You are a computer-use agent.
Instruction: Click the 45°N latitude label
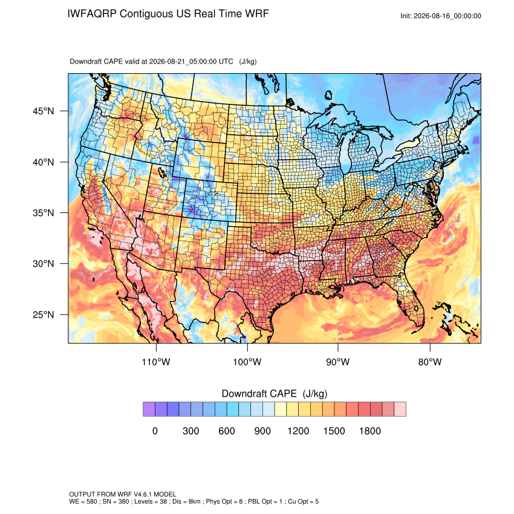pyautogui.click(x=44, y=111)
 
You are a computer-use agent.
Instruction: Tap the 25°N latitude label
pyautogui.click(x=44, y=314)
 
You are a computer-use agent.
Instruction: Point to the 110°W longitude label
pyautogui.click(x=156, y=362)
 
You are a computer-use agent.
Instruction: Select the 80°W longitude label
pyautogui.click(x=430, y=362)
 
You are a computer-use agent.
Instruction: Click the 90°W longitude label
pyautogui.click(x=337, y=362)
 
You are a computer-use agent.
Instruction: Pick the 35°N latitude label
pyautogui.click(x=44, y=213)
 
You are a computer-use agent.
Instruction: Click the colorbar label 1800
pyautogui.click(x=369, y=431)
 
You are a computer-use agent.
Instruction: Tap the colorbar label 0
pyautogui.click(x=155, y=431)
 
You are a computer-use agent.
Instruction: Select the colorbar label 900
pyautogui.click(x=262, y=431)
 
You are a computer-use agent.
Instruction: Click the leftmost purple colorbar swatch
pyautogui.click(x=149, y=409)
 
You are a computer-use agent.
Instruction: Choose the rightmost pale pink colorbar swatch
pyautogui.click(x=400, y=409)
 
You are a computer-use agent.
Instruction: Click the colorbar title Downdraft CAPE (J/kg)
pyautogui.click(x=275, y=394)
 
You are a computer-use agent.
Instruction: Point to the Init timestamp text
pyautogui.click(x=441, y=16)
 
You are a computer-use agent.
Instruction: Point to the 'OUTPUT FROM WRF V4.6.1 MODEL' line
pyautogui.click(x=123, y=494)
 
